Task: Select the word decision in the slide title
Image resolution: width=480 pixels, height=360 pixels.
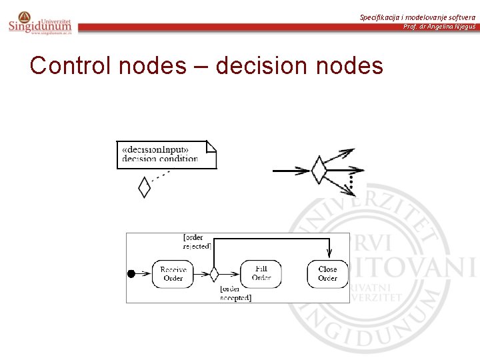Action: [x=249, y=66]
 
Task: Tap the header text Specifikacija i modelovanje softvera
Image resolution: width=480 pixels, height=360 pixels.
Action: [x=417, y=17]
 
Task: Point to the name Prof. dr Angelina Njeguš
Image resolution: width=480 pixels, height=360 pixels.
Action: [x=439, y=26]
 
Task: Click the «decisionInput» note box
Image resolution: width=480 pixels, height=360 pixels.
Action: [x=166, y=155]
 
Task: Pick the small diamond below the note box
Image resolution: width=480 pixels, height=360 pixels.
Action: [x=144, y=187]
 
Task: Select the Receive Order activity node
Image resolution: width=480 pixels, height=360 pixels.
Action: [x=173, y=273]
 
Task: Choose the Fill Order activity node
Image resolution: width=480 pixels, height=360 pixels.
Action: [x=261, y=273]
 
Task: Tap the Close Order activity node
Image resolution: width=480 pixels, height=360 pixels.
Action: [x=327, y=273]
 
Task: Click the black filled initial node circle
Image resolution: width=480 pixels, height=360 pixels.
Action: [x=131, y=273]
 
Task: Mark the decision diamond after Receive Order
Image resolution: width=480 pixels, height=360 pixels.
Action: [x=214, y=273]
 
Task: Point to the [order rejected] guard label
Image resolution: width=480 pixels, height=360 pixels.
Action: [x=197, y=241]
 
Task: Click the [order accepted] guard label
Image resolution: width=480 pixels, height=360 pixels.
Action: [x=235, y=293]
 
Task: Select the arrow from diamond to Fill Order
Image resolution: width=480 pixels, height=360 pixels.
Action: [x=230, y=273]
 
